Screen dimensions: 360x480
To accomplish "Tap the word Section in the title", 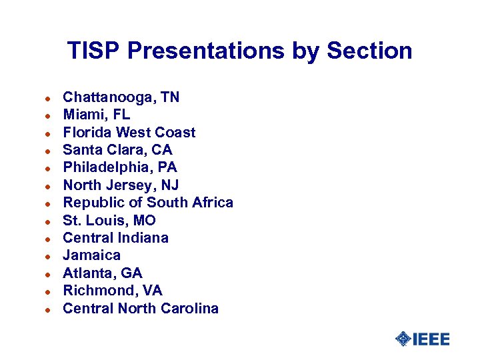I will click(x=370, y=51).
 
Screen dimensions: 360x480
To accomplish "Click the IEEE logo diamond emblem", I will click(x=403, y=339).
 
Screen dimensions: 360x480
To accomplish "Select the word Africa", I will click(x=211, y=203).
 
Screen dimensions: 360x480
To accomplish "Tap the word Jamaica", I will click(x=92, y=255).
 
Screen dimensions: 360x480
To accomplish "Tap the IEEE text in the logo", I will click(x=431, y=339).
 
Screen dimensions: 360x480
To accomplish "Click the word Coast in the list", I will click(x=175, y=133).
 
